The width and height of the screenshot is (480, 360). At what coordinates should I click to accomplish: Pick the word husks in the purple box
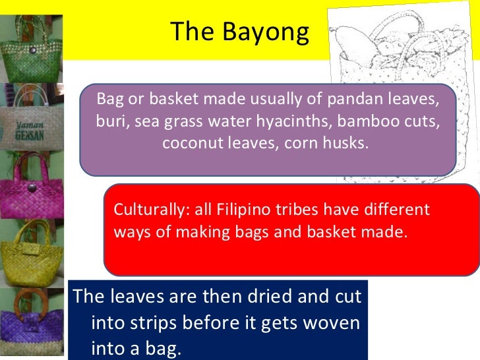pos(345,143)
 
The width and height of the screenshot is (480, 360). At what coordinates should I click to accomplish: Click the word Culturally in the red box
pos(150,210)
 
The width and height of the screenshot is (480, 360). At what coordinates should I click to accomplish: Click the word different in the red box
pos(394,210)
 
